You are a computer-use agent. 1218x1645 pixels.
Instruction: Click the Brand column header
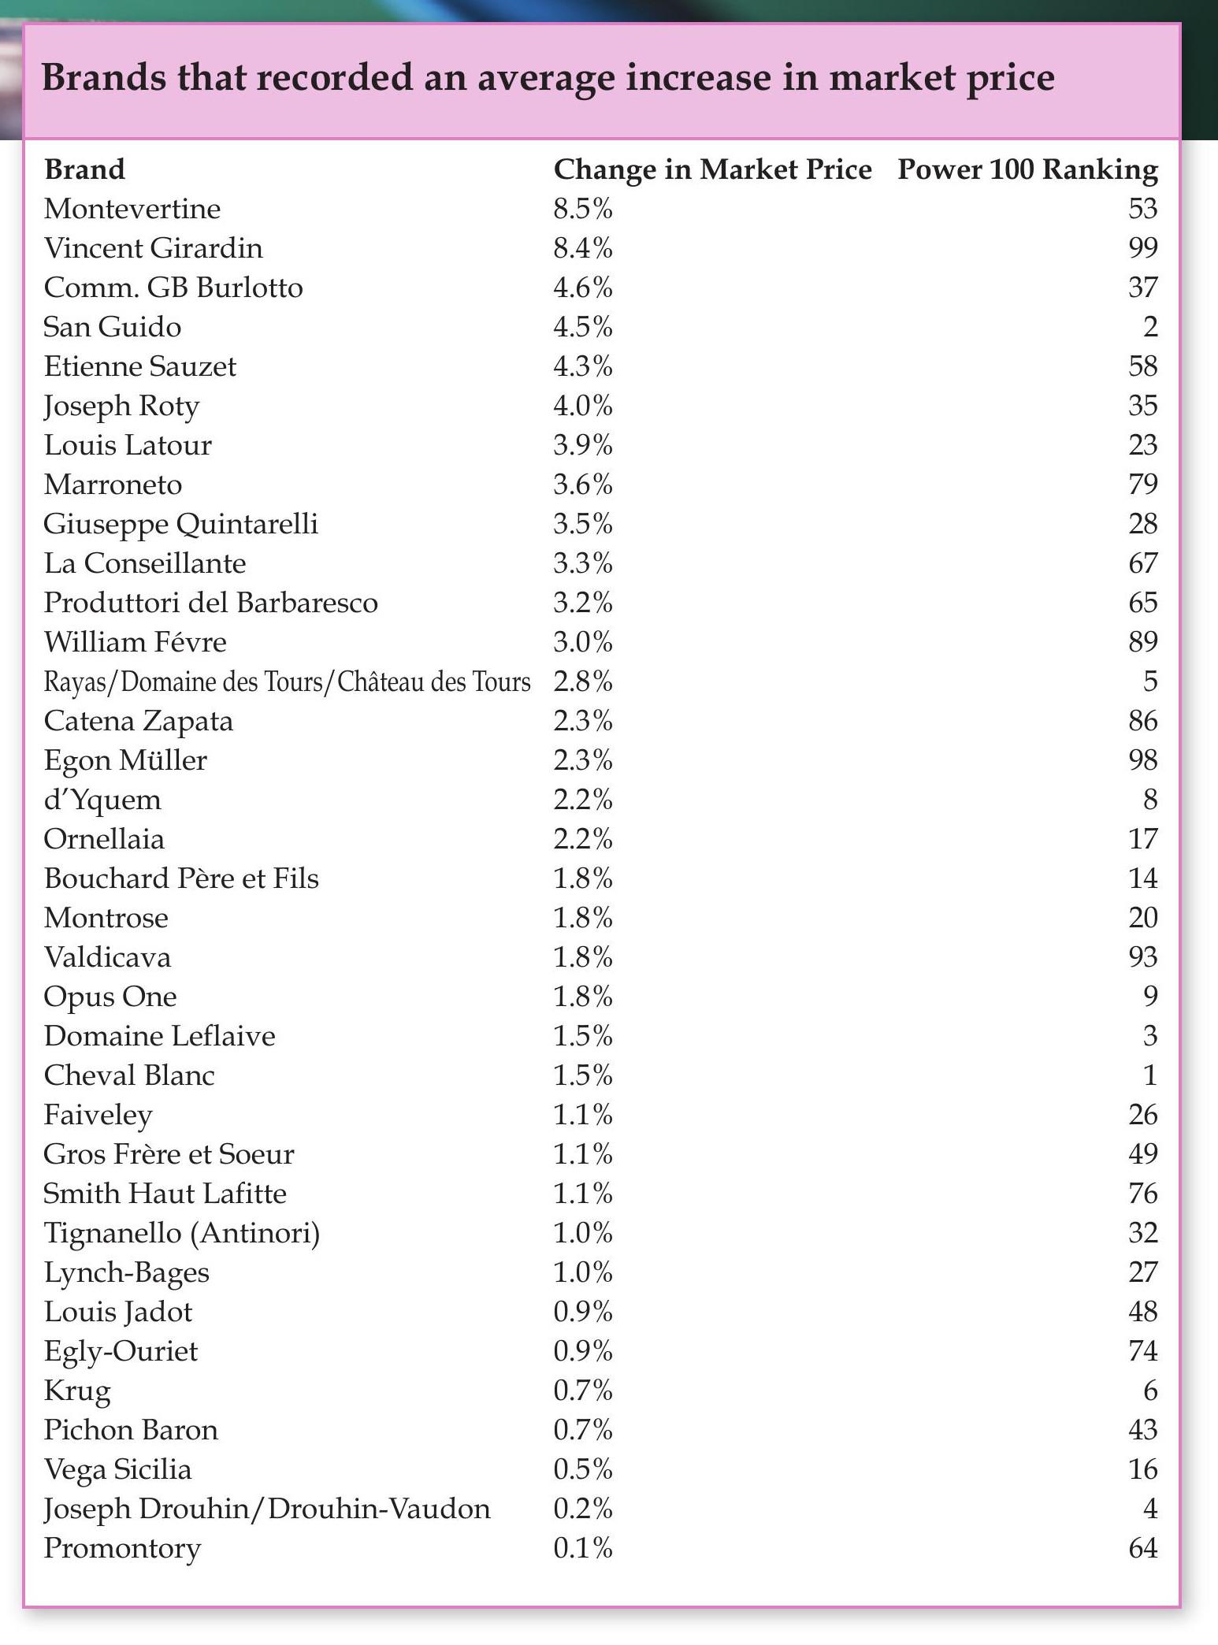click(84, 169)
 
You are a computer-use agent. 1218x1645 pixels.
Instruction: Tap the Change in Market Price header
click(712, 169)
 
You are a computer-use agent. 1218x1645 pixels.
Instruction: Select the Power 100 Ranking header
click(1027, 169)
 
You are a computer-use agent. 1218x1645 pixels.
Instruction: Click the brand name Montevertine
click(132, 209)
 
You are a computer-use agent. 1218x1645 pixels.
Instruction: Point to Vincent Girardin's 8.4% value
click(582, 248)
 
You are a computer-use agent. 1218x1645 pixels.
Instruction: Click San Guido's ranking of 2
click(1149, 327)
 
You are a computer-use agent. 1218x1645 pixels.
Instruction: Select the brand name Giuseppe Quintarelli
click(181, 524)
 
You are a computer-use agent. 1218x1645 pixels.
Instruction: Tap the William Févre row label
click(136, 642)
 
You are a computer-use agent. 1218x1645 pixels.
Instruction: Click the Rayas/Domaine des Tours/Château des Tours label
click(287, 681)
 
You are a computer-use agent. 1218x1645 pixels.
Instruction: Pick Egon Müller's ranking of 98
click(1142, 760)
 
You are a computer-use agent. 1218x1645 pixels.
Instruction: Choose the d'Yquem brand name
click(102, 800)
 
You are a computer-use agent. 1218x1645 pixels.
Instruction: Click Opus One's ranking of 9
click(1149, 997)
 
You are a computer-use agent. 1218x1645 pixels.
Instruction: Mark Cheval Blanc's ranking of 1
click(1149, 1075)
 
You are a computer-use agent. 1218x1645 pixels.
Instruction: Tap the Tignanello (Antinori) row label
click(182, 1233)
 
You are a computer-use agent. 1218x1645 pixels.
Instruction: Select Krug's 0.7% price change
click(582, 1391)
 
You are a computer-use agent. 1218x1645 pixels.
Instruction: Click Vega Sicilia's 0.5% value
click(582, 1469)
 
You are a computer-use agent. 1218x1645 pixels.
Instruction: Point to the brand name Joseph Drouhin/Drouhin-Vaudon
click(267, 1509)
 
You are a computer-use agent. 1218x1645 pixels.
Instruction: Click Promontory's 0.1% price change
click(582, 1548)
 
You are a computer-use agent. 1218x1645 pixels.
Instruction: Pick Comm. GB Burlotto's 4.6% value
click(582, 288)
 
